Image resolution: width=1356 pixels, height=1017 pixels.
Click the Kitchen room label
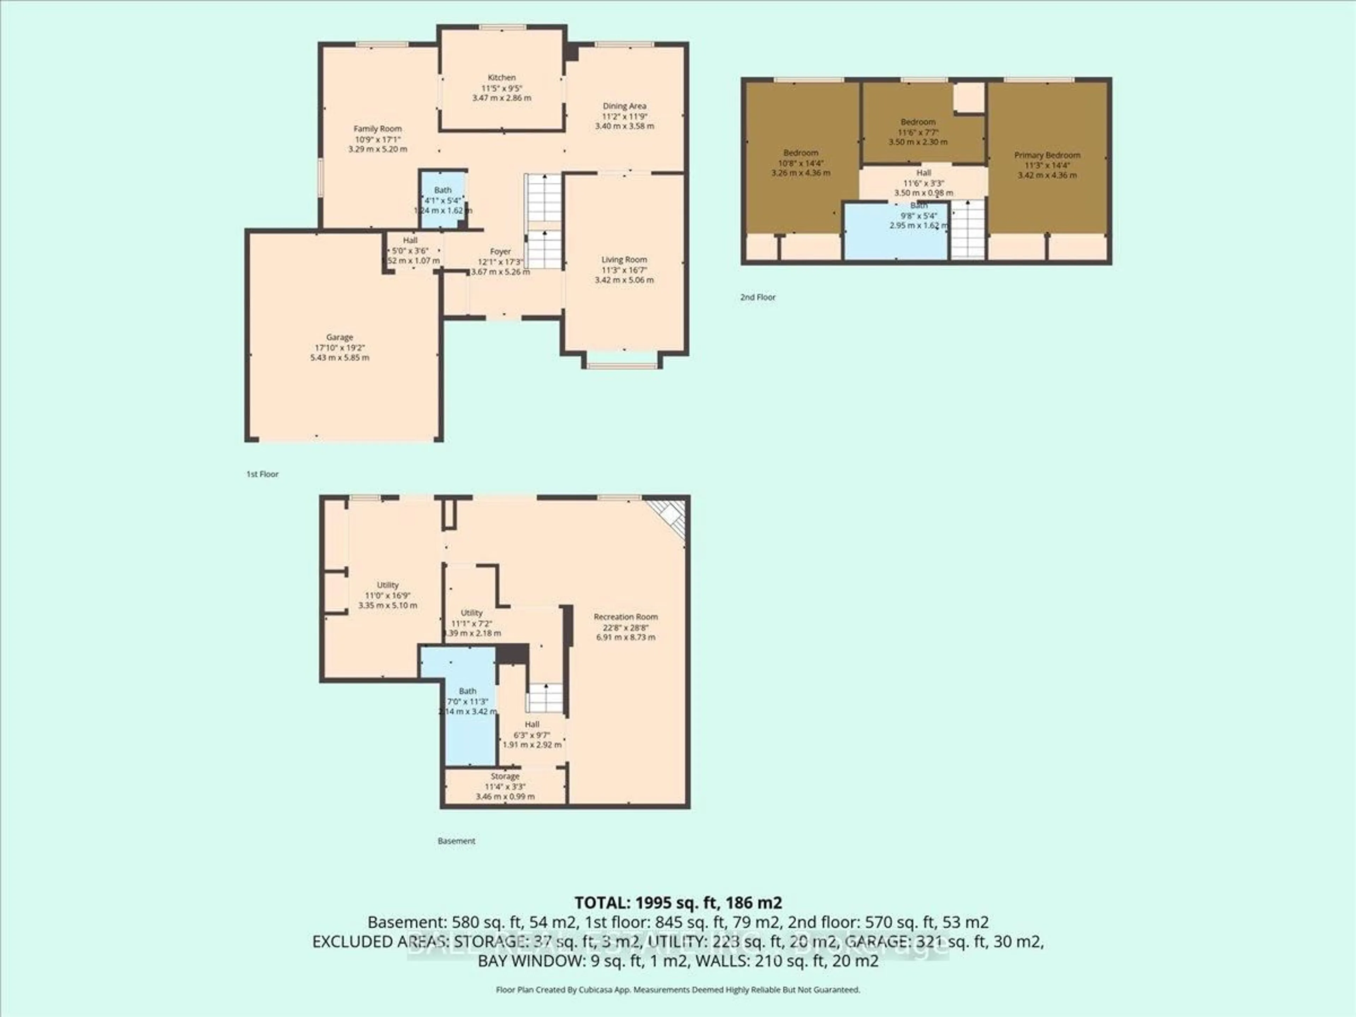click(501, 78)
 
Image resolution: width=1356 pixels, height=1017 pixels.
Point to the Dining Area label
click(624, 106)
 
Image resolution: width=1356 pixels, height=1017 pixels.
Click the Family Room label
click(377, 129)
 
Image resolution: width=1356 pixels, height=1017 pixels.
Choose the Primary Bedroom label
click(1047, 155)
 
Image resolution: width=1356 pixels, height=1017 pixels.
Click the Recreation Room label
click(625, 617)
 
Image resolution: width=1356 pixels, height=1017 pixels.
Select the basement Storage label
click(505, 776)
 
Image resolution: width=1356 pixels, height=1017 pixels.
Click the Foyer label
click(500, 251)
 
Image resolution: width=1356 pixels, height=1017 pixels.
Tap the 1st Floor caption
click(262, 474)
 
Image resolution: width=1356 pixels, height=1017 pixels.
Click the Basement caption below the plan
click(456, 841)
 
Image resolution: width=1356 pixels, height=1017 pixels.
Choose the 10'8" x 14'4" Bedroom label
click(801, 153)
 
